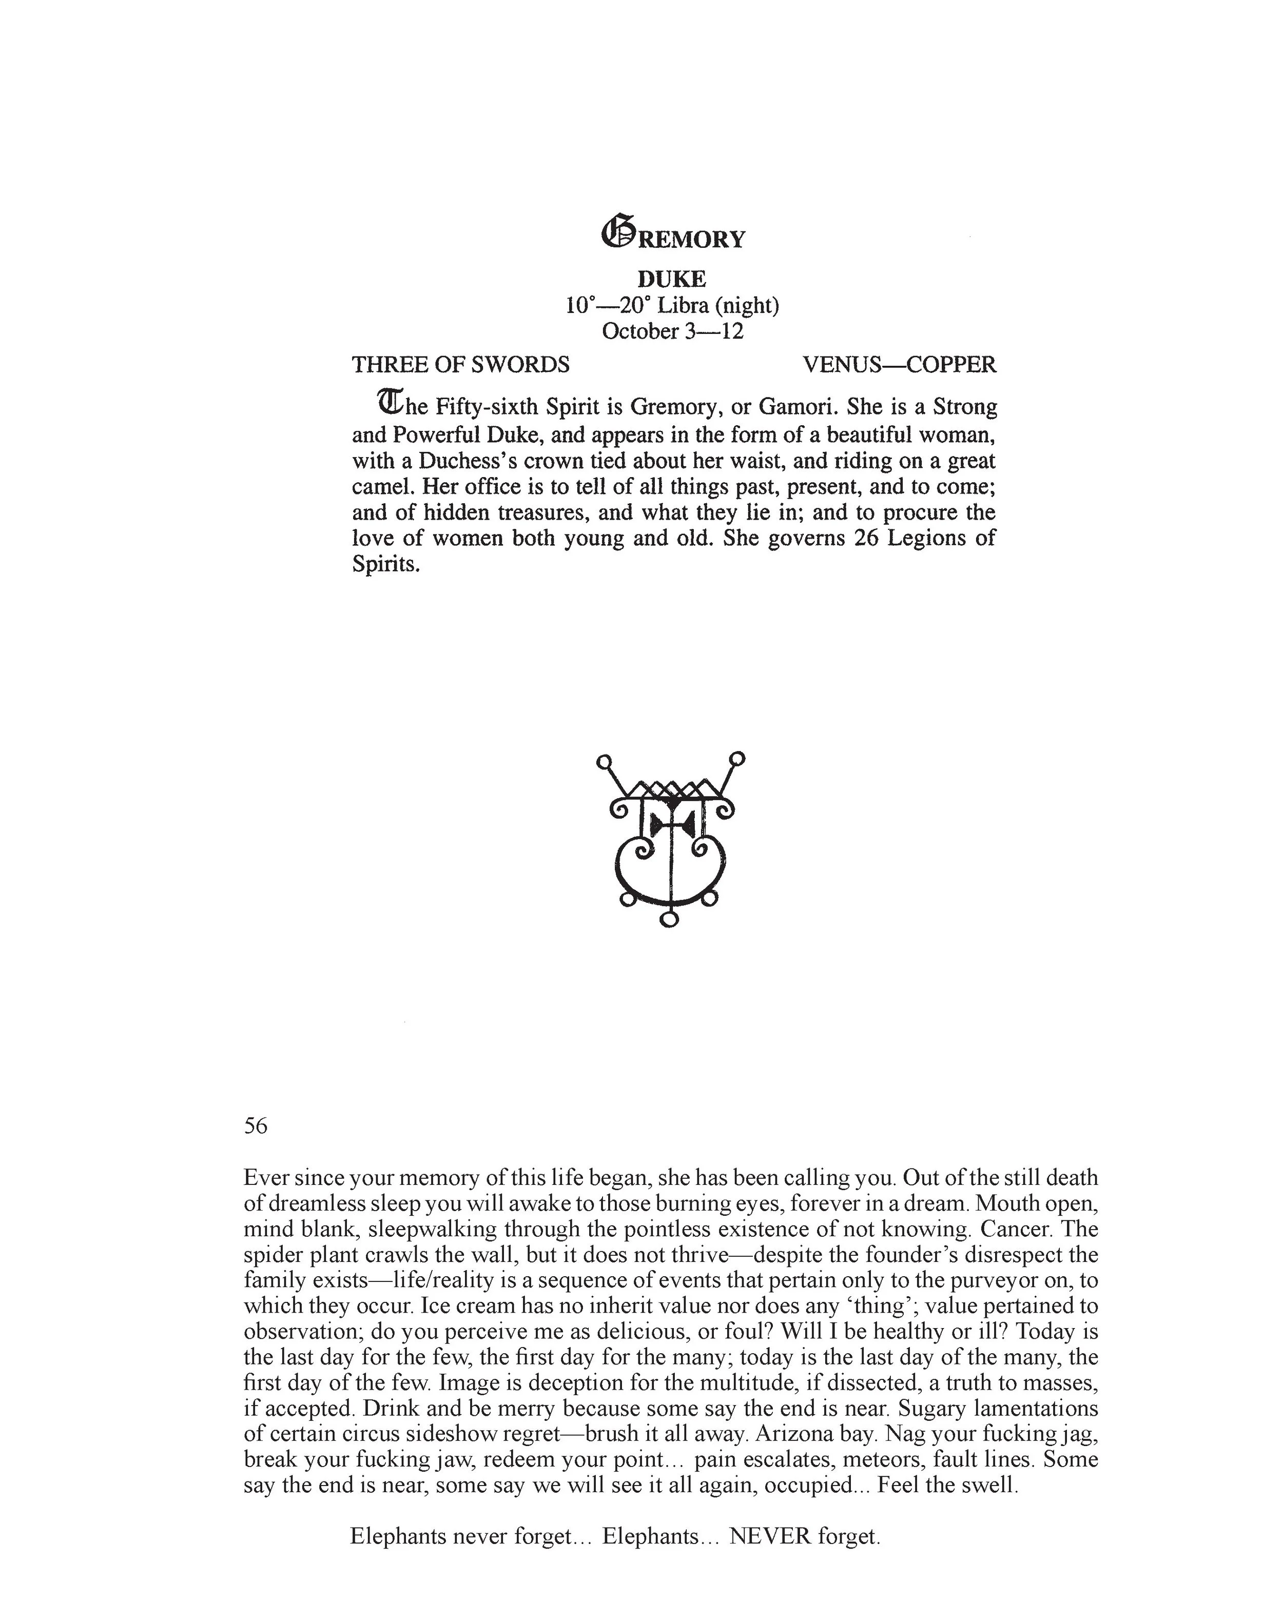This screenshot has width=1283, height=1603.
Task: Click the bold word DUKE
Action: (x=672, y=279)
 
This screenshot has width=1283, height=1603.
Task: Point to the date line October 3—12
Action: (x=672, y=331)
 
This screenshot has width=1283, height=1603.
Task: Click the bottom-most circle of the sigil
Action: (x=669, y=920)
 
